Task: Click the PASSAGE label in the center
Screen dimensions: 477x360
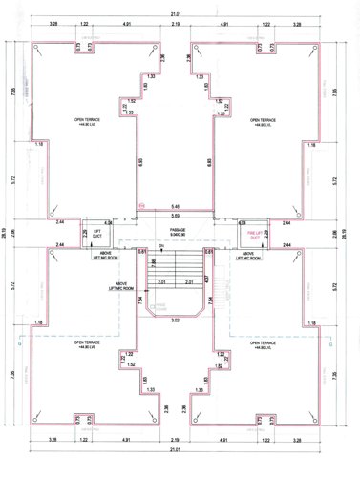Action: pos(177,230)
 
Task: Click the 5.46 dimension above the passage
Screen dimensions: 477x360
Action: pos(175,207)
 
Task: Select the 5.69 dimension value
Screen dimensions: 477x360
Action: pos(175,218)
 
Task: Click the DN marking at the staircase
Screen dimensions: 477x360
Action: pos(161,246)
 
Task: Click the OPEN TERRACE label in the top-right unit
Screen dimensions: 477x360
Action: pos(265,122)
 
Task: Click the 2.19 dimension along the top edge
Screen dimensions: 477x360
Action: pos(177,23)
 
